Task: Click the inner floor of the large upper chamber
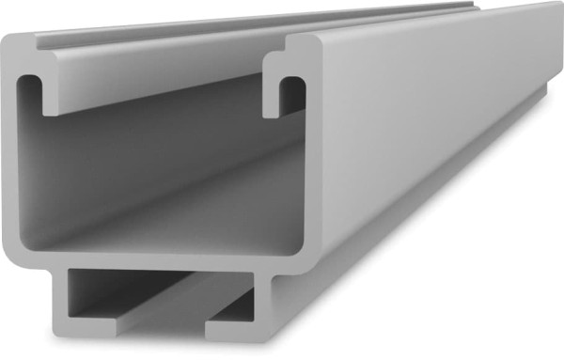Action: coord(160,235)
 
